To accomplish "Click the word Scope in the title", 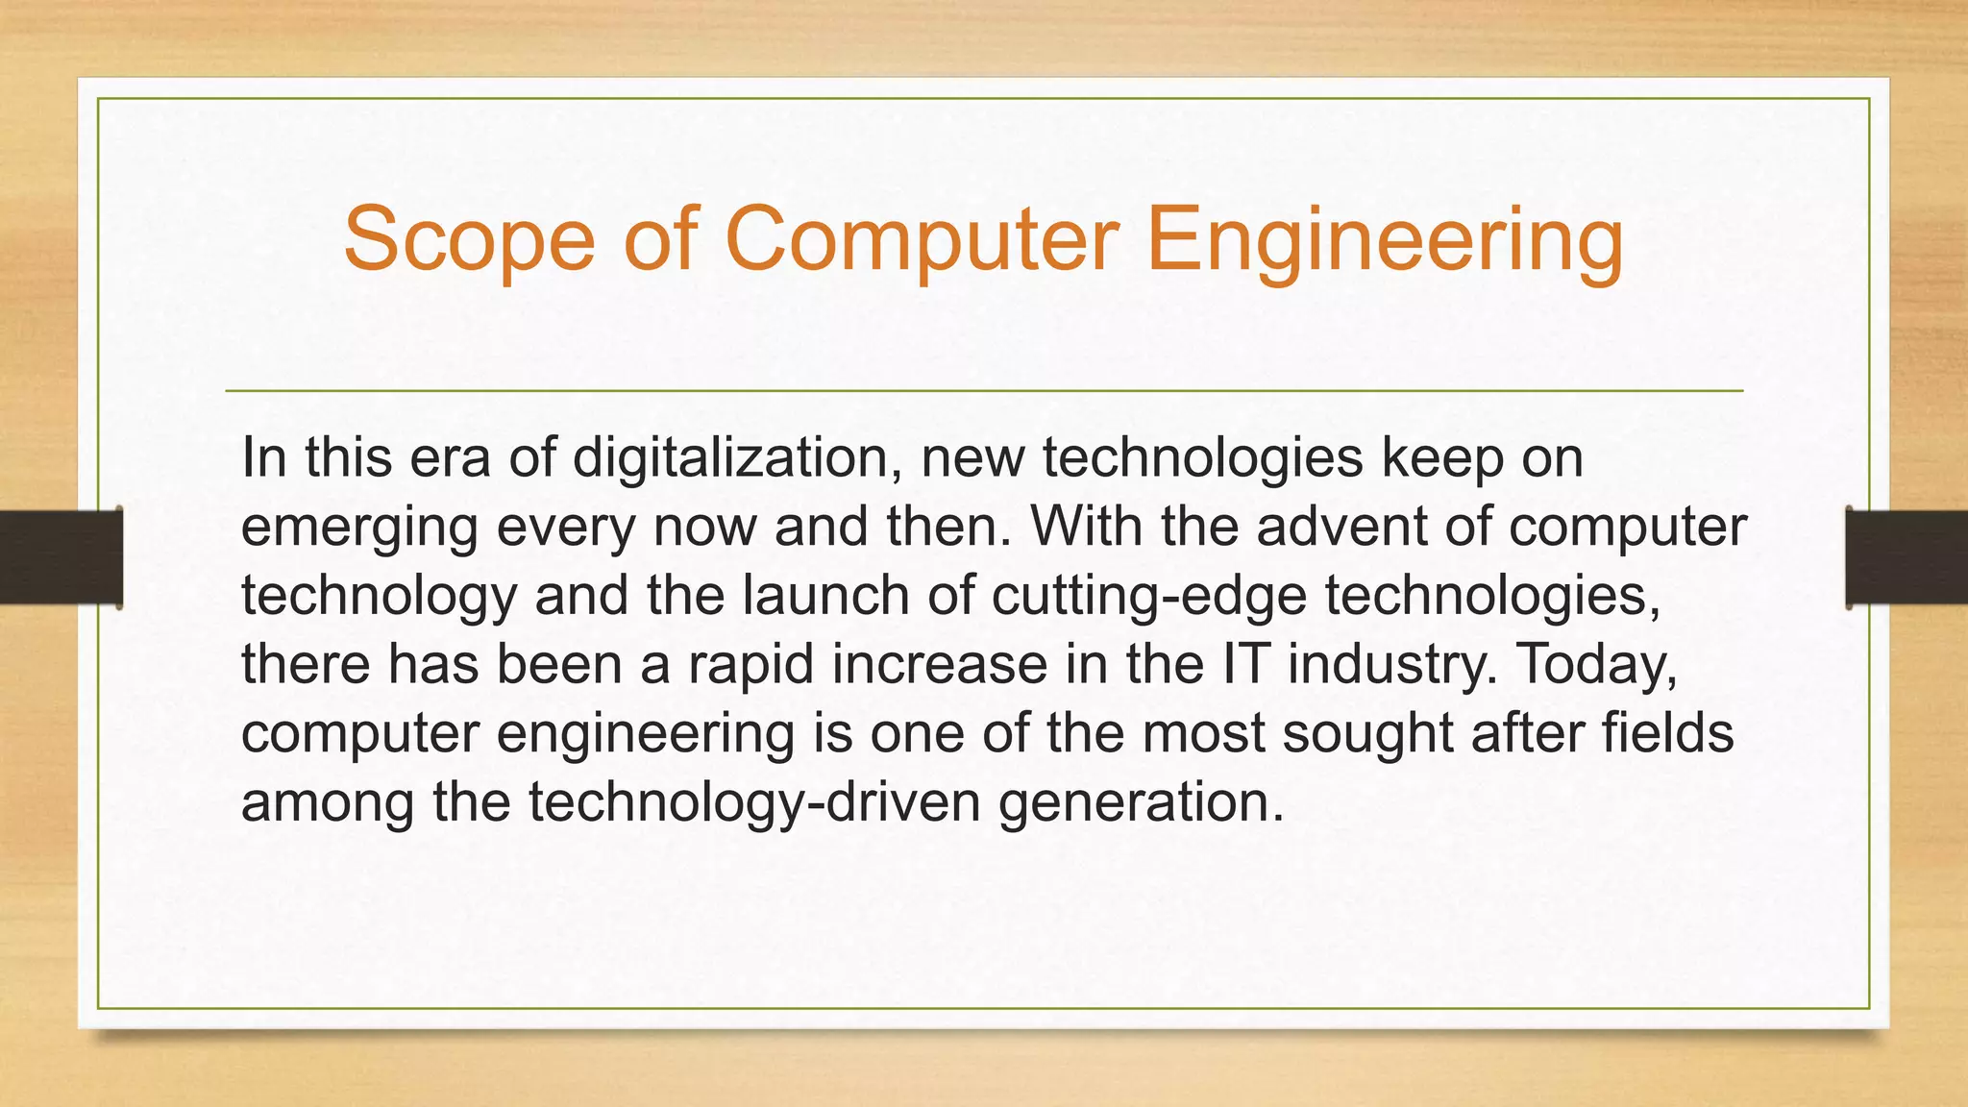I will coord(469,240).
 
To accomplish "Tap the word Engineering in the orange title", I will coord(1384,240).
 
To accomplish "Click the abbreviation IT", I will coord(1246,664).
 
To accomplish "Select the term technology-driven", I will coord(754,803).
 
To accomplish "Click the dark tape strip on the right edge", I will coord(1906,557).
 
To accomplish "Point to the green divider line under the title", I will coord(984,391).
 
